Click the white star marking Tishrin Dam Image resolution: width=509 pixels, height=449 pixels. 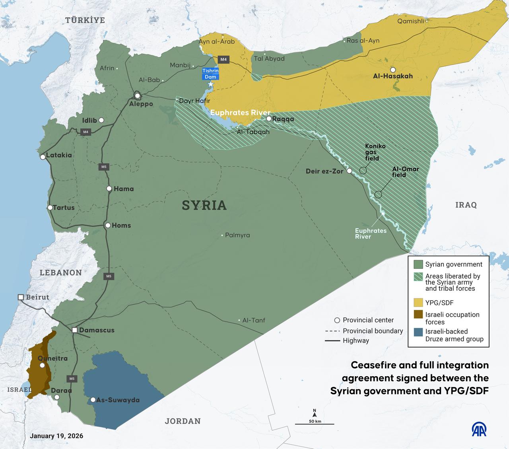(x=211, y=84)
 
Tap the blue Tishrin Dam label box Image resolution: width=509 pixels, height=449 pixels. (x=210, y=74)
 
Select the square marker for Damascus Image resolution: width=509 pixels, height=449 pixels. (x=75, y=330)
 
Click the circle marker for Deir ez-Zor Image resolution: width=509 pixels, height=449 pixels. (x=349, y=171)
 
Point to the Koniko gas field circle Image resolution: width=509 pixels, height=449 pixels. (x=363, y=170)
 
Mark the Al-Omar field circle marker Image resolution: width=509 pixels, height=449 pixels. (x=378, y=194)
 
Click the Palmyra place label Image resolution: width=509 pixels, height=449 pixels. (x=237, y=235)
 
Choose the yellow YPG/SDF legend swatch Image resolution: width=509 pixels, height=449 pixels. (x=418, y=303)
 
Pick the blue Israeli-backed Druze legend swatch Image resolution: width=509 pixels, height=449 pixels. (x=418, y=332)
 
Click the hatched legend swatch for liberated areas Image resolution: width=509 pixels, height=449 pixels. (x=418, y=276)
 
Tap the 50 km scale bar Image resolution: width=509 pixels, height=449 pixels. (x=315, y=424)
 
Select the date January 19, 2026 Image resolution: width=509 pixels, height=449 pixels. (x=56, y=436)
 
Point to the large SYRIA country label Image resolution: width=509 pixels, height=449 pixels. (x=204, y=205)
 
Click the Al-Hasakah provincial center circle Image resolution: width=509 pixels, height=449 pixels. (x=393, y=70)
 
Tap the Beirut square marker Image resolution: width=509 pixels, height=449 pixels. (x=21, y=297)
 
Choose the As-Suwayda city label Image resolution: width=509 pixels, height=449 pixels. (x=118, y=400)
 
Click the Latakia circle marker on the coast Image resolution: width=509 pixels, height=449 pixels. (x=43, y=157)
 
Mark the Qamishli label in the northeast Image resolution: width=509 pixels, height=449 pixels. (x=411, y=21)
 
